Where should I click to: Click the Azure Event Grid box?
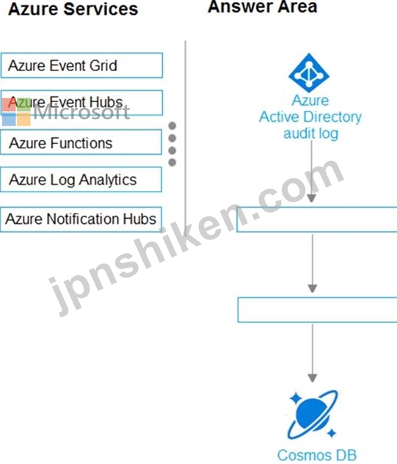coord(81,65)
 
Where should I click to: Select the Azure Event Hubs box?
coord(81,103)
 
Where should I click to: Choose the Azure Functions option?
coord(81,142)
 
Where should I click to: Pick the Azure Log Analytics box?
coord(81,180)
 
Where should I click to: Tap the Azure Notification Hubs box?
coord(81,220)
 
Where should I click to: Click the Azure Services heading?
coord(73,9)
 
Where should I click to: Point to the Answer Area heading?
coord(263,7)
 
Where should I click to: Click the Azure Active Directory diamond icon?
coord(309,73)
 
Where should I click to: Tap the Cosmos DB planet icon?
coord(313,414)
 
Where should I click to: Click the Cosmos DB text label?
coord(317,455)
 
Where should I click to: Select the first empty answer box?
coord(317,220)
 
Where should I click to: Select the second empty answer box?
coord(318,310)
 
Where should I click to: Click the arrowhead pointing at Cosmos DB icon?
coord(313,378)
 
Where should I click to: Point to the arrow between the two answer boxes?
coord(313,264)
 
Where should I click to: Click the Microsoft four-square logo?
coord(16,112)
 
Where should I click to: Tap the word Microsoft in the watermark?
coord(81,112)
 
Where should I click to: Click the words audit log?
coord(310,134)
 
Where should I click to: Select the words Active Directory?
coord(310,117)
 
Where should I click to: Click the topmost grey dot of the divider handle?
coord(172,126)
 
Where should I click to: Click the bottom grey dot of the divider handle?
coord(172,162)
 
